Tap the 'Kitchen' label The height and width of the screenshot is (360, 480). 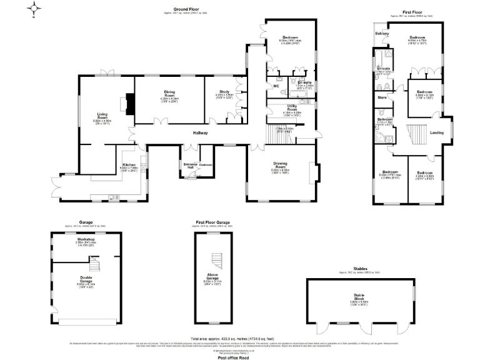127,166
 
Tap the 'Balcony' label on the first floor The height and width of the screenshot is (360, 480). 382,32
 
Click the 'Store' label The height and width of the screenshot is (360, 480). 382,98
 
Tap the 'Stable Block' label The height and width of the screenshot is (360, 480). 358,299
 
